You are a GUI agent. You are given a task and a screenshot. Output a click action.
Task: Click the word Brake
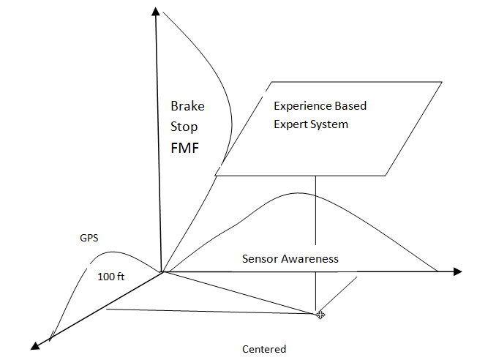pos(187,106)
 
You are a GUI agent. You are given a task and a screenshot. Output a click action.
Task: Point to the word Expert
pos(290,124)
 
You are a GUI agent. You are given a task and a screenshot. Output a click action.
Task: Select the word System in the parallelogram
pos(329,124)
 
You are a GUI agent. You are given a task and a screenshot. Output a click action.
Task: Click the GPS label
pos(89,239)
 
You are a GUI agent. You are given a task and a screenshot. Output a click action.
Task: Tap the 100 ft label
pos(110,278)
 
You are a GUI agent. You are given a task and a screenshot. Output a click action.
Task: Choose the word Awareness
pos(309,258)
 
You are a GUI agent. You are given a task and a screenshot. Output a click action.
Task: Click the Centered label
pos(264,349)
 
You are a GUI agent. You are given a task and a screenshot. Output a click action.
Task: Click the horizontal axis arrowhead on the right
pos(457,271)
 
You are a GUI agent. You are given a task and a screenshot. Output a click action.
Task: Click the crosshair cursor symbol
pos(320,314)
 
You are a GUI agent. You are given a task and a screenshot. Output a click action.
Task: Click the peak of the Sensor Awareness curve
pos(296,193)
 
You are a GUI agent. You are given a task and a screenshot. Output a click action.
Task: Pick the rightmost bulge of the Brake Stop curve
pos(231,117)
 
